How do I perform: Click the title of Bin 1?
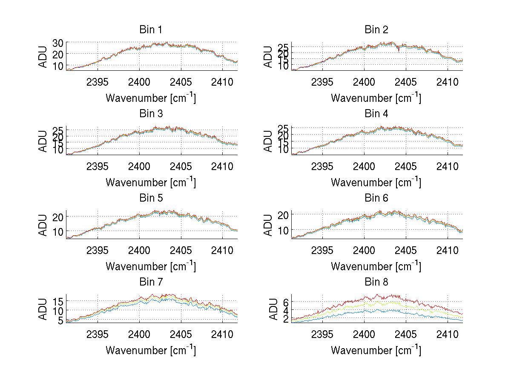[150, 30]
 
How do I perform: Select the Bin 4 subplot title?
[376, 114]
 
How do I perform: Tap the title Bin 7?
[150, 282]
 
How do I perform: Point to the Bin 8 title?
[376, 282]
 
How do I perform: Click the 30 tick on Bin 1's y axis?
[58, 43]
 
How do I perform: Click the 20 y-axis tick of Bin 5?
[58, 217]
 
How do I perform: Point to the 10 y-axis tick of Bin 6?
[283, 230]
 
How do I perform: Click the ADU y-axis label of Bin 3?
[43, 141]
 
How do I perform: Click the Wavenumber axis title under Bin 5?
[150, 266]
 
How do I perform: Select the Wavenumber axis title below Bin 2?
[376, 98]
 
